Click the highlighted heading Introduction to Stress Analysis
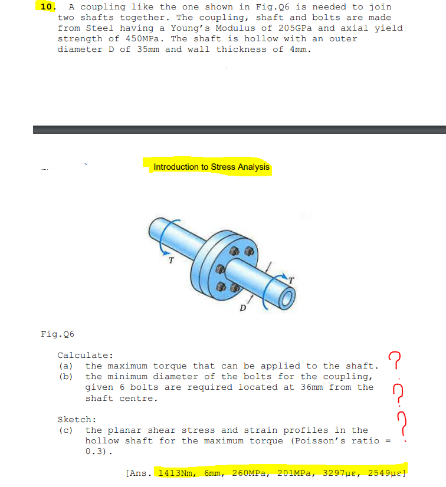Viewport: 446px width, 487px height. pos(211,167)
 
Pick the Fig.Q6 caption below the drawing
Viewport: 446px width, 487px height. pos(57,334)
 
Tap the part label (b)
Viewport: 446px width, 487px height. pos(65,377)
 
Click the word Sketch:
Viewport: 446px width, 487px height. pos(77,420)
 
